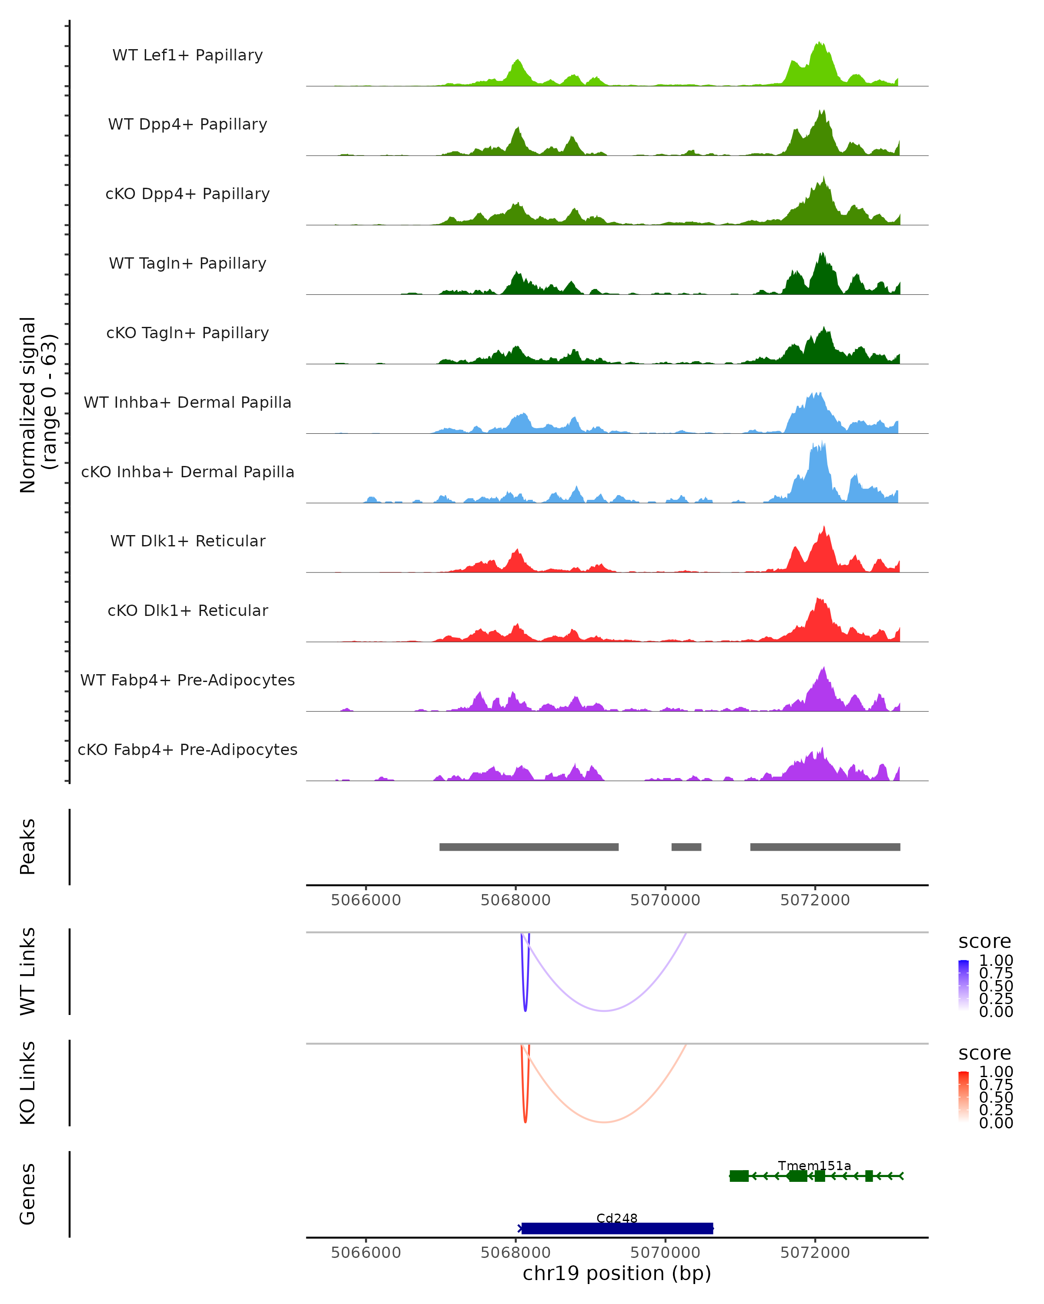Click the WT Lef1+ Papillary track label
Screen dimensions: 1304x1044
point(187,55)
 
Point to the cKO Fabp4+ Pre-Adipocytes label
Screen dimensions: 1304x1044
point(187,749)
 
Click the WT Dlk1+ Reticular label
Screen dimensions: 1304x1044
point(187,541)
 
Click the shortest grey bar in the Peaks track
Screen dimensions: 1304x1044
point(686,847)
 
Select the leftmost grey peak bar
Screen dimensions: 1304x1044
point(529,847)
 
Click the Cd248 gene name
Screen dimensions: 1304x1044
point(617,1218)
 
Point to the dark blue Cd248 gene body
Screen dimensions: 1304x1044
point(617,1228)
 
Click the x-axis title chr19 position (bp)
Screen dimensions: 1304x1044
point(617,1273)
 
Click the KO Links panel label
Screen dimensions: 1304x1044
point(28,1083)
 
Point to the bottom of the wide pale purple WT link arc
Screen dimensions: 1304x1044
point(604,1011)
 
